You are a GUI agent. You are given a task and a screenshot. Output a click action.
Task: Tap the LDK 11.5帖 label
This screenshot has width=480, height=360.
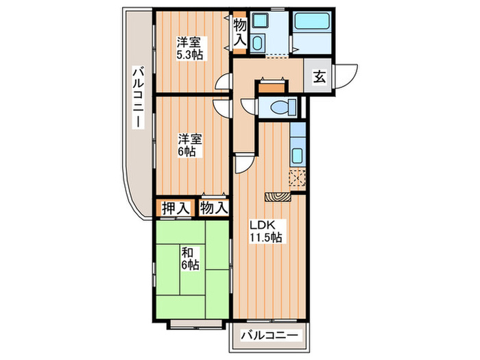pos(265,230)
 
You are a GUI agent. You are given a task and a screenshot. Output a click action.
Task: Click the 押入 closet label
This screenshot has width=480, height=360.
pos(175,207)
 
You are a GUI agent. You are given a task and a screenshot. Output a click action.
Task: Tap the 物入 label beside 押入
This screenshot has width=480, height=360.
pos(213,207)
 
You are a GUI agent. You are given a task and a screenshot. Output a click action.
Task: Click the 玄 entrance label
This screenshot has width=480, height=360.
pos(320,77)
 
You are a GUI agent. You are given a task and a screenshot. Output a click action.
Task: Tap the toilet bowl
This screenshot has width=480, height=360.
pos(282,107)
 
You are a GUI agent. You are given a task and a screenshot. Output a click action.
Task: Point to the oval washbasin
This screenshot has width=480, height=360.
pos(256,44)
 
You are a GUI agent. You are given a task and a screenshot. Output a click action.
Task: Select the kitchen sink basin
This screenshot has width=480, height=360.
pos(298,154)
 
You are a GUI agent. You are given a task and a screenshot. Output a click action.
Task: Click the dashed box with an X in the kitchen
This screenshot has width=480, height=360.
pos(298,177)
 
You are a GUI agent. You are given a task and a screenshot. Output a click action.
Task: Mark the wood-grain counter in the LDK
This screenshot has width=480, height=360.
pos(278,196)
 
